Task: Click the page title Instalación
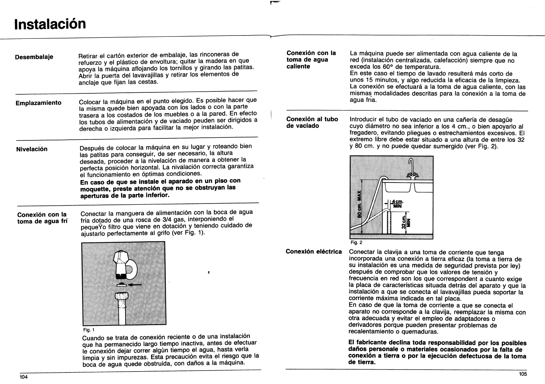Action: (50, 24)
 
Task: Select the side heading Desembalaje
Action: (34, 57)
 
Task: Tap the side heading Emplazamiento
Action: (39, 103)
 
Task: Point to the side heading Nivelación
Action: (32, 149)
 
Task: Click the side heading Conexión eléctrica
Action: (314, 252)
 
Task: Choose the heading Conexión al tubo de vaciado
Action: (312, 122)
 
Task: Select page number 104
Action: (23, 377)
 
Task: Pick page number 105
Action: (523, 374)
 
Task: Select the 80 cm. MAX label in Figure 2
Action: (360, 204)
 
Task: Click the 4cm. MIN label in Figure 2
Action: (398, 204)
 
